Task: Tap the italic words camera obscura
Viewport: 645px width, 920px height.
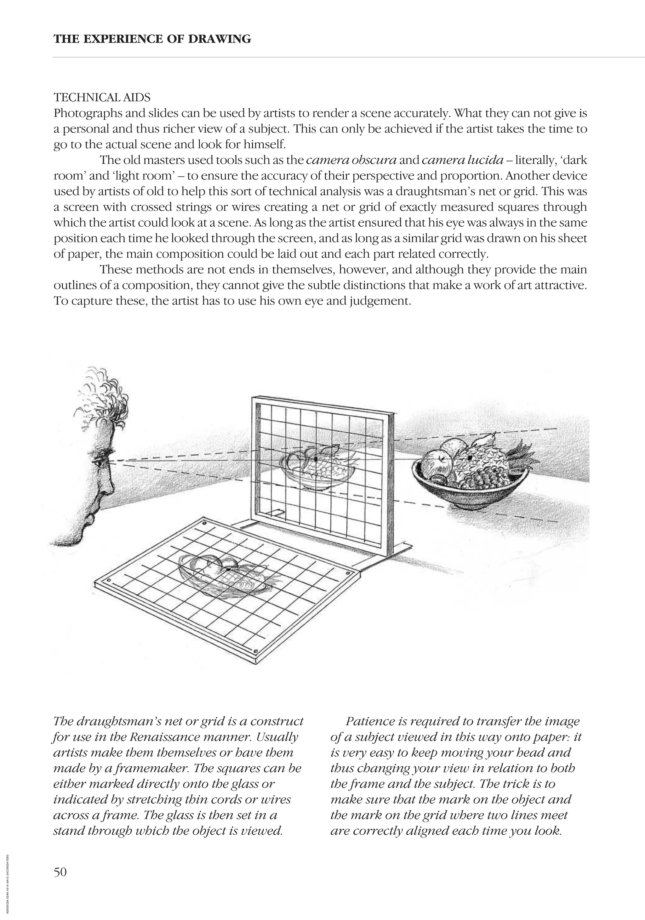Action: point(351,160)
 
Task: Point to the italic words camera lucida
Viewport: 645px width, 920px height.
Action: point(463,160)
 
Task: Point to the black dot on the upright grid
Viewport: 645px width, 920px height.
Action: point(316,459)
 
